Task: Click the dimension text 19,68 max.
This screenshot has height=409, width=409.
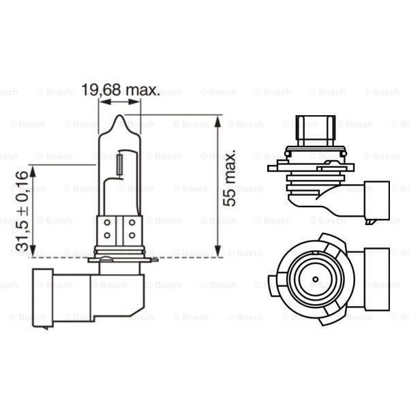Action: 120,90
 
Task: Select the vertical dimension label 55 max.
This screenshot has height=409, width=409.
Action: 230,179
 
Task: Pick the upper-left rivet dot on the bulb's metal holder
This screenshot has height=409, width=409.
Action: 107,223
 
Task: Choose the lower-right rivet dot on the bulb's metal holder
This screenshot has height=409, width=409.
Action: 131,235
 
